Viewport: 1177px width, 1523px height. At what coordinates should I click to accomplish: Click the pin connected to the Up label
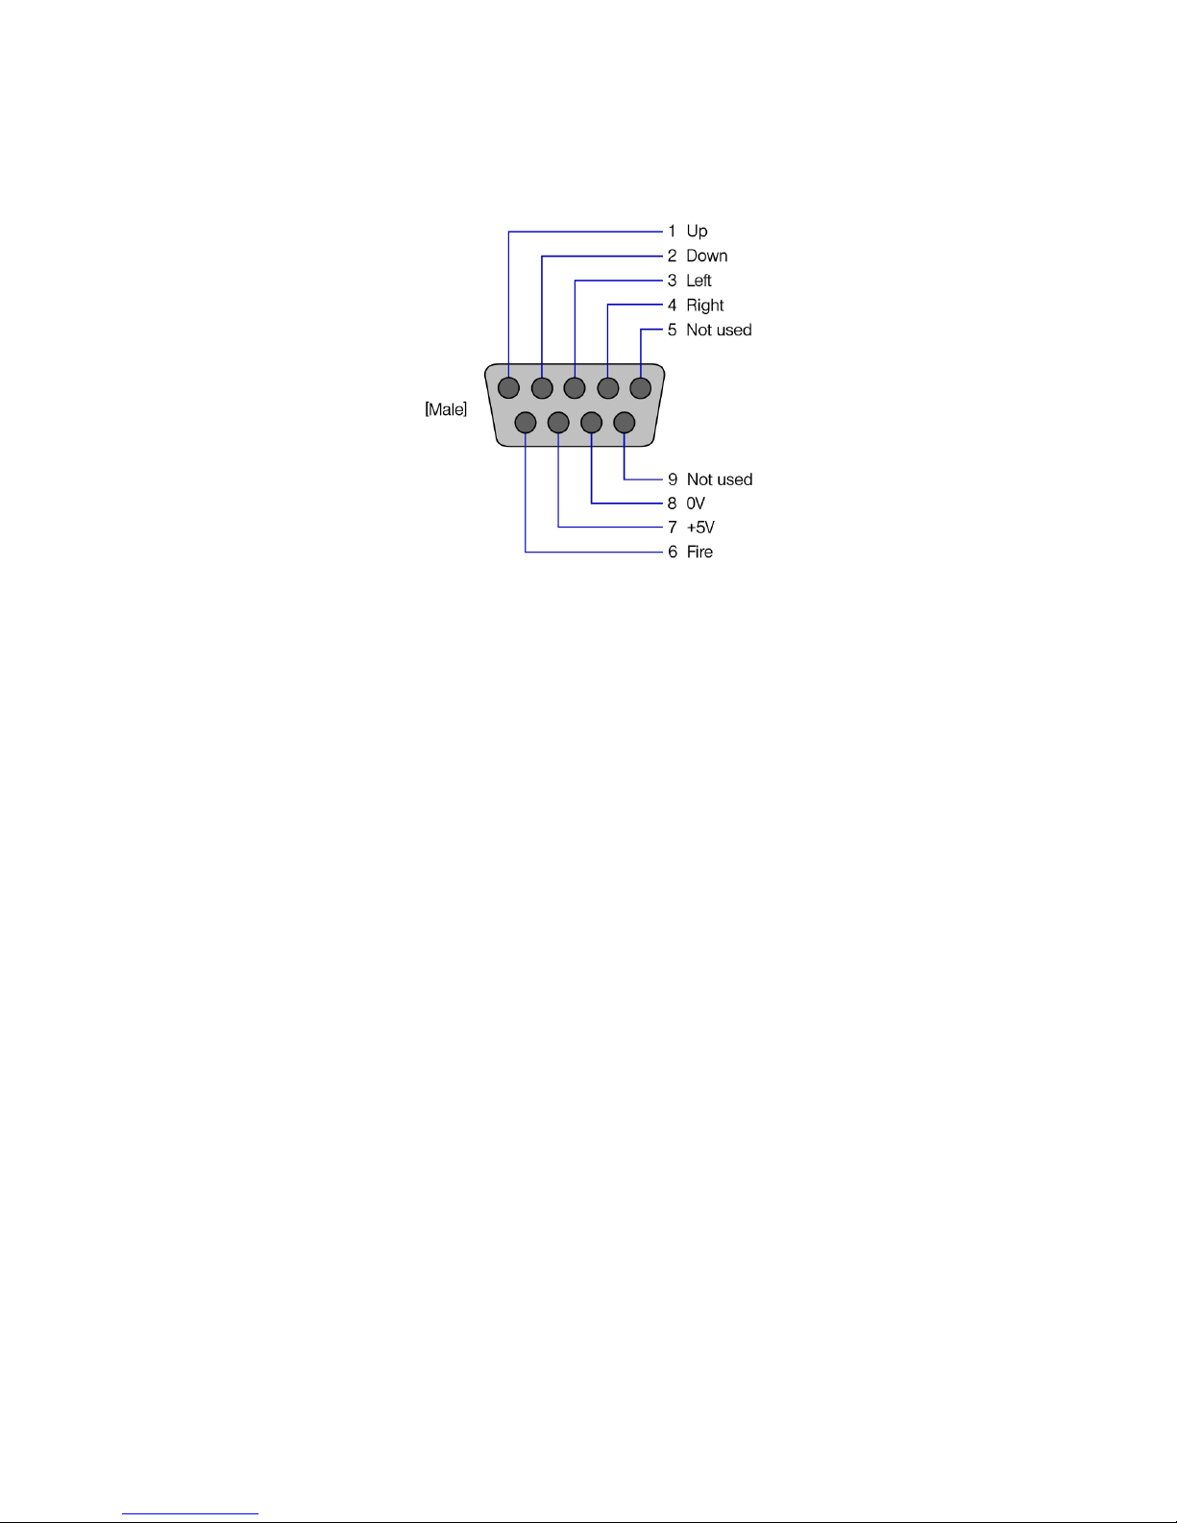tap(509, 388)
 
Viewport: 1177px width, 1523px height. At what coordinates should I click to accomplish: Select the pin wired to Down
tap(542, 388)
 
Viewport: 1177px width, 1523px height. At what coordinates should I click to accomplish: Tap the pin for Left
tap(575, 388)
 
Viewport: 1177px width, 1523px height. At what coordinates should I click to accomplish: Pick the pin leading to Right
tap(607, 388)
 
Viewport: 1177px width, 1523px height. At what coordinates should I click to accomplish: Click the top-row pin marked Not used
tap(640, 388)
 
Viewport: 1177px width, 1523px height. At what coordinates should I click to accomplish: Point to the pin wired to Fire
tap(526, 422)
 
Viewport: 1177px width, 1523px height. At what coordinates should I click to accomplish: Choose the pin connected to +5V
tap(558, 422)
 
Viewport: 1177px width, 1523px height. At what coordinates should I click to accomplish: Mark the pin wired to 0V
tap(591, 422)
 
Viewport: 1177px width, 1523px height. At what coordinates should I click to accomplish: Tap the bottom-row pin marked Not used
tap(624, 422)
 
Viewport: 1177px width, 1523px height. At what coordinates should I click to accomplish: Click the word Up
tap(697, 232)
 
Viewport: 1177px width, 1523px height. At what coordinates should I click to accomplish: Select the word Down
tap(706, 256)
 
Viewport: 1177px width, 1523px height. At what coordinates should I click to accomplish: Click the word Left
tap(699, 281)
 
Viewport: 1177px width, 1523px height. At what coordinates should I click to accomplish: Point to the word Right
tap(704, 306)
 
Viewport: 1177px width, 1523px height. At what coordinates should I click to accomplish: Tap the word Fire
tap(699, 553)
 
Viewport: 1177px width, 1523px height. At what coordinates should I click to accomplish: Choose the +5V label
tap(700, 528)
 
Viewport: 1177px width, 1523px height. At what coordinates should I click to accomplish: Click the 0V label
tap(696, 504)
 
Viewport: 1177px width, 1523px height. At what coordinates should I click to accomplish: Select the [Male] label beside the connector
tap(446, 410)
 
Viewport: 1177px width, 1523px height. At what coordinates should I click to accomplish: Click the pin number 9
tap(673, 479)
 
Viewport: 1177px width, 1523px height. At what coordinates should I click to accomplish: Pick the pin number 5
tap(673, 331)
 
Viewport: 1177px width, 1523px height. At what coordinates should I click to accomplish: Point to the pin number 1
tap(673, 232)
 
